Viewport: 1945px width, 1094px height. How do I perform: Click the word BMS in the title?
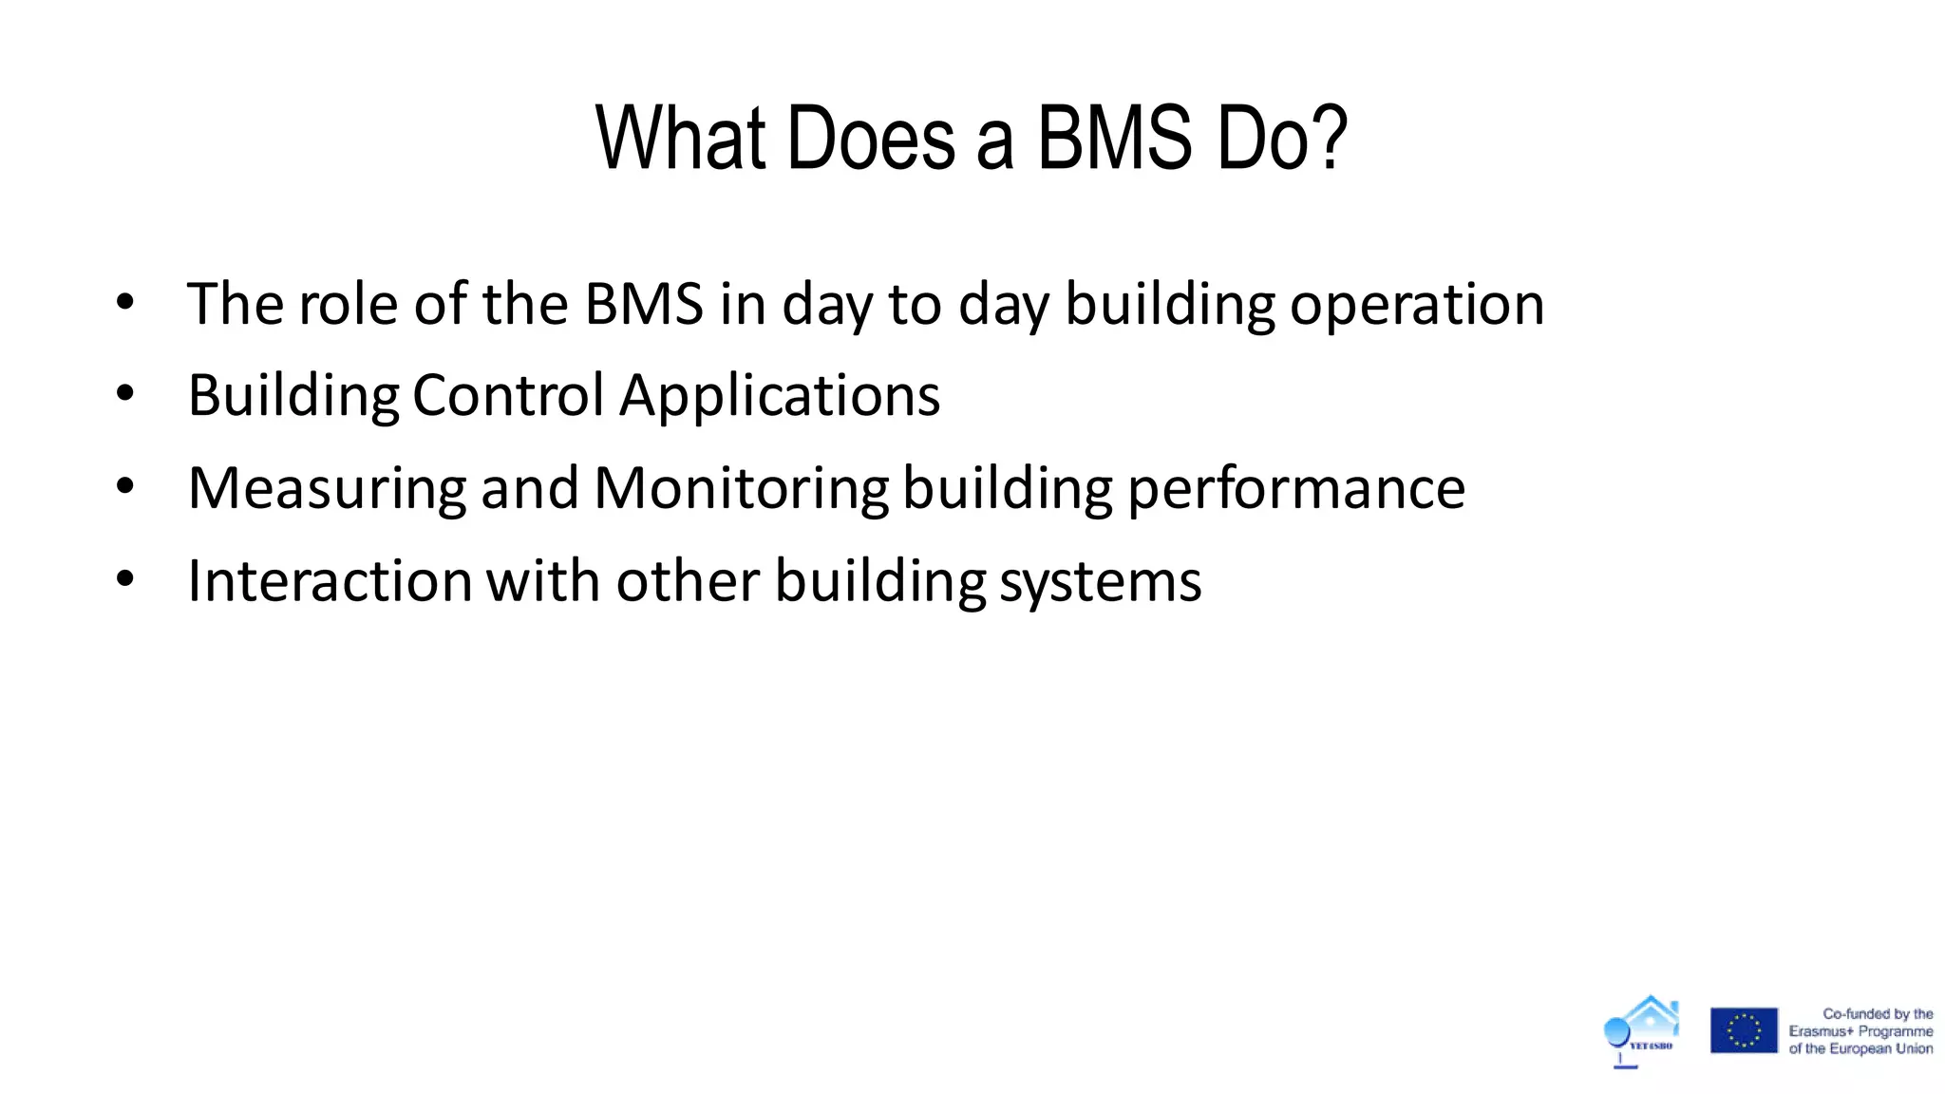coord(1113,140)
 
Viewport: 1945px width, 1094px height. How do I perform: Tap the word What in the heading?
coord(680,140)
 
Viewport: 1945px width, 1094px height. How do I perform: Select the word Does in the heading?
coord(870,140)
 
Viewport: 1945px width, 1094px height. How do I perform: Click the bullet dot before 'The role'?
coord(125,303)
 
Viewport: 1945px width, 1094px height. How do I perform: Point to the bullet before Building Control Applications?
coord(125,393)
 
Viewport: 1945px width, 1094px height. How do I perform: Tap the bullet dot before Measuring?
coord(125,486)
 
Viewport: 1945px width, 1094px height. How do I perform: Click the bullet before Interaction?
coord(125,578)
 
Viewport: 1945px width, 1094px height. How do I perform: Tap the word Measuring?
coord(327,489)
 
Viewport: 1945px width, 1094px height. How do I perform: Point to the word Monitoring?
coord(741,489)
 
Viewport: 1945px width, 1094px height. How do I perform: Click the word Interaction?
coord(330,580)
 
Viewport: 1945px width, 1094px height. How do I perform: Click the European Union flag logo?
coord(1744,1030)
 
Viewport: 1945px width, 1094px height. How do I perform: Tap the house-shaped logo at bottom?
coord(1642,1031)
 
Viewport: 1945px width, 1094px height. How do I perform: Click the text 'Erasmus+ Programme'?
coord(1860,1031)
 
